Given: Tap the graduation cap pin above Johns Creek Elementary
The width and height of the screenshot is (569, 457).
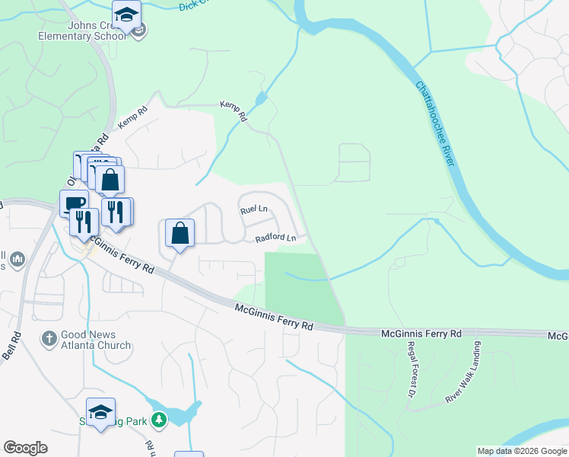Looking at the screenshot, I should click(x=126, y=14).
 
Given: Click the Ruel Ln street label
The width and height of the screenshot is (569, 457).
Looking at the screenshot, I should click(x=254, y=209).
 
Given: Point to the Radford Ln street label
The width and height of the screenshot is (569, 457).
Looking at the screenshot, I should click(x=275, y=238).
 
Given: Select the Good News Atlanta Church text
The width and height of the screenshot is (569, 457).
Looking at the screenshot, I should click(x=97, y=340).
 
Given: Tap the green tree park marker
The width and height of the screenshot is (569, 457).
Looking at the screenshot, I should click(x=158, y=419).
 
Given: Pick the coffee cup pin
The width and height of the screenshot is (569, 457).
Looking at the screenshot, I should click(x=74, y=203).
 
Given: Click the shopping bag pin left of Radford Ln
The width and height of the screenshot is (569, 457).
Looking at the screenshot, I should click(x=180, y=232).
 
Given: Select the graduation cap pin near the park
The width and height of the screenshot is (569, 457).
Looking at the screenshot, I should click(x=100, y=412).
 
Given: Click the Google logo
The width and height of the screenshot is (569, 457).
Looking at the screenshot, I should click(x=25, y=448).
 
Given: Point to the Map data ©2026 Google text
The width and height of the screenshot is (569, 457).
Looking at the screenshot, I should click(x=522, y=451).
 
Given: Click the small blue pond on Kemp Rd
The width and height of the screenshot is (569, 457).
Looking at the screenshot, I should click(x=261, y=99).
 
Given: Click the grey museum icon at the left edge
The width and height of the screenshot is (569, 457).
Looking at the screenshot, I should click(x=17, y=260).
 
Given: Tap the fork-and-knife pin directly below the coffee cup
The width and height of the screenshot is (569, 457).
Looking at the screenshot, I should click(x=83, y=221).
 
